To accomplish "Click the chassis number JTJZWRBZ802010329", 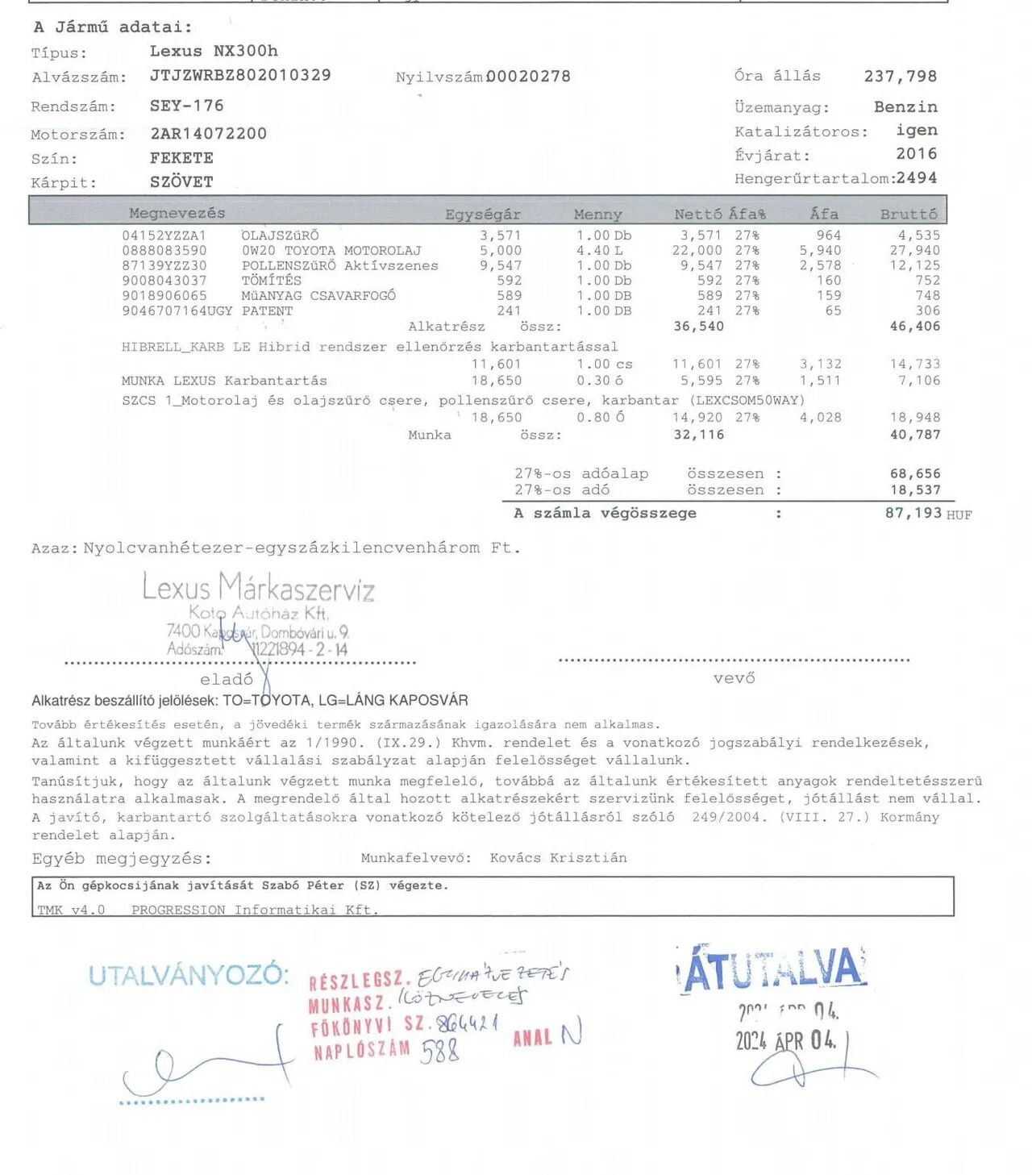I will coord(240,76).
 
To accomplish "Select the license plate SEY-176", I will coord(186,106).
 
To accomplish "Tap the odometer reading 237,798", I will coord(900,77).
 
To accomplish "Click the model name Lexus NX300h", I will coord(214,51).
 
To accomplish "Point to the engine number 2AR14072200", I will coord(208,134).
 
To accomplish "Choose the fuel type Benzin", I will coord(905,107).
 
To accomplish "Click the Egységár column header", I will coord(482,215).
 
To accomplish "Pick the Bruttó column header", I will coord(909,215).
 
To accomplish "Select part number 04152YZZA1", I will coord(164,235).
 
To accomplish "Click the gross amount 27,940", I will coord(914,251).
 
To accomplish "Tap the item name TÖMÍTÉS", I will coord(272,281).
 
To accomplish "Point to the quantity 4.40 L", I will coord(599,251).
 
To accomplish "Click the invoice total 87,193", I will coord(913,513).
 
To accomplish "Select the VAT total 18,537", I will coord(914,490).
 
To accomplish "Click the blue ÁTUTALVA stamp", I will coord(772,969).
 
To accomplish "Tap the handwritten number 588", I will coord(439,1051).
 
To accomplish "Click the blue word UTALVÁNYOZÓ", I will coord(188,976).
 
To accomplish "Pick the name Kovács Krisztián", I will coord(558,858).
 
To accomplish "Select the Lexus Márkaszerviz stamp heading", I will coord(258,587).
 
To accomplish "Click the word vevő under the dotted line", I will coord(734,679).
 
